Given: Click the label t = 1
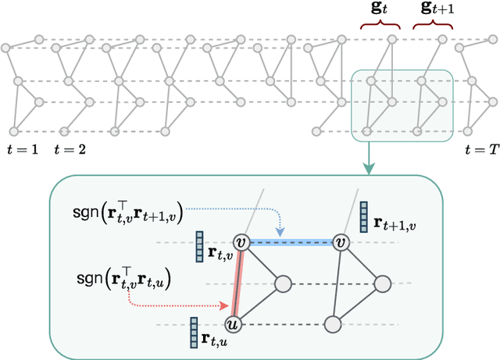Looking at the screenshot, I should coord(22,148).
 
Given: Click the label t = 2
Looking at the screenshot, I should coord(73,148).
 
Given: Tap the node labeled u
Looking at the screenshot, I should coord(231,323).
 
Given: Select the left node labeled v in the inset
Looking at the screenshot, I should coord(241,243).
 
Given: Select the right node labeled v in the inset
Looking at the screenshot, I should coord(341,243).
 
